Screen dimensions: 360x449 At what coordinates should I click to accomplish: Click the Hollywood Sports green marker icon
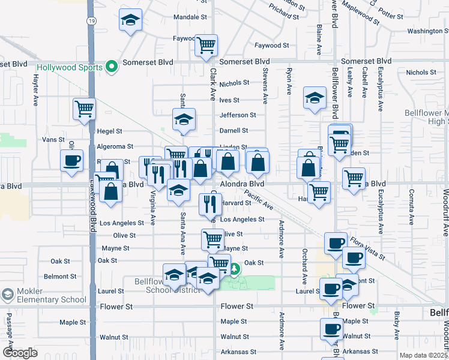tap(111, 67)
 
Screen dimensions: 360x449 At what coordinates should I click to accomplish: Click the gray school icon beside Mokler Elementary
tap(7, 295)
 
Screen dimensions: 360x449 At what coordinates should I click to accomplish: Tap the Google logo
tap(20, 353)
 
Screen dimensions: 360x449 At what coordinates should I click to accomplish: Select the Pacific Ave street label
tap(258, 200)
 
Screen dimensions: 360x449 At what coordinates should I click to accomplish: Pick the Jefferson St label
tap(238, 115)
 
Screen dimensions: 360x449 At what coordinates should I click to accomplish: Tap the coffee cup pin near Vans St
tap(72, 160)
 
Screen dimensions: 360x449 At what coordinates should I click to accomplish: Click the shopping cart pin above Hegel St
tap(84, 109)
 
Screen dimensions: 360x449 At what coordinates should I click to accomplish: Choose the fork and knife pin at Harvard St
tap(209, 204)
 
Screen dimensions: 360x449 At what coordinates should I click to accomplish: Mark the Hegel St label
tap(109, 131)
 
